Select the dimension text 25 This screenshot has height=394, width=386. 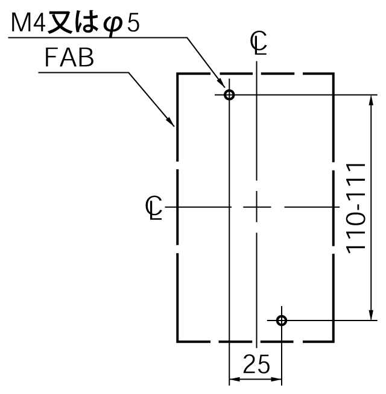pyautogui.click(x=256, y=364)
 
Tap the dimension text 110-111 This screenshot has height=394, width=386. pyautogui.click(x=356, y=208)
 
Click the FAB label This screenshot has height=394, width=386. pyautogui.click(x=69, y=58)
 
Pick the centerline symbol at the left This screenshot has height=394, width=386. pyautogui.click(x=154, y=208)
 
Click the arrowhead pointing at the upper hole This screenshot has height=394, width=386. pyautogui.click(x=221, y=83)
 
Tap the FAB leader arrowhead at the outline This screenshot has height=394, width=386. pyautogui.click(x=170, y=121)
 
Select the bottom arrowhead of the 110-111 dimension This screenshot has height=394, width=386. pyautogui.click(x=371, y=314)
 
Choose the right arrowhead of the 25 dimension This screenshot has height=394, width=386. pyautogui.click(x=276, y=379)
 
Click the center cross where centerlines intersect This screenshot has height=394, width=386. pyautogui.click(x=256, y=207)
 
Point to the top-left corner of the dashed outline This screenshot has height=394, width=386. pyautogui.click(x=177, y=73)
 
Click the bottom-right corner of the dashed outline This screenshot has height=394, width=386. pyautogui.click(x=334, y=342)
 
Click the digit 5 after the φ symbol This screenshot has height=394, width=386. pyautogui.click(x=133, y=24)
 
